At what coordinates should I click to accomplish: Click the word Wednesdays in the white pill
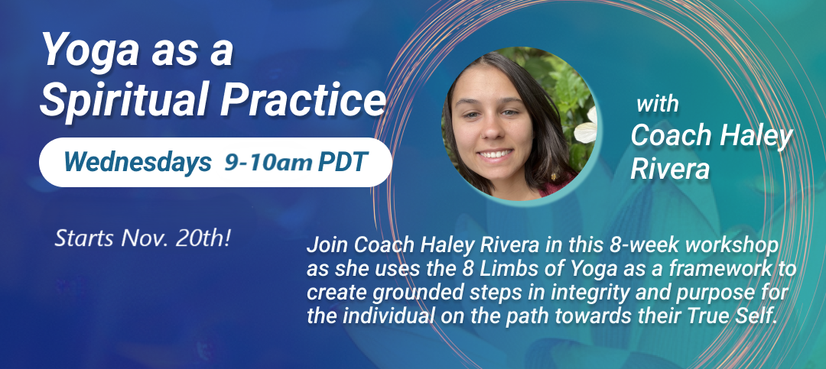click(138, 162)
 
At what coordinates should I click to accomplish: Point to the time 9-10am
click(268, 163)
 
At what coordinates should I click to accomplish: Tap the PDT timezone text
click(341, 163)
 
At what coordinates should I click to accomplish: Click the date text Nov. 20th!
click(176, 238)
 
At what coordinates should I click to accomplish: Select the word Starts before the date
click(85, 239)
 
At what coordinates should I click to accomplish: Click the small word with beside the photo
click(657, 104)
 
